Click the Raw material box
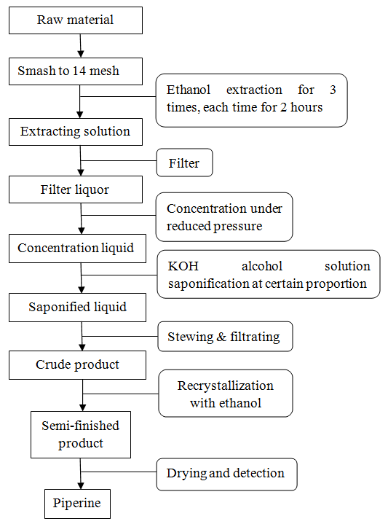pos(76,20)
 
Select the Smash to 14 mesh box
pos(76,71)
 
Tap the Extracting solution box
pos(76,132)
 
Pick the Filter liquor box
pos(76,189)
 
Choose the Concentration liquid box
pos(77,249)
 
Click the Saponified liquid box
pos(77,308)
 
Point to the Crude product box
pos(77,365)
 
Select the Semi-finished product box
pos(81,434)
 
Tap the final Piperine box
pos(77,504)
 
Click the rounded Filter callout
pos(185,163)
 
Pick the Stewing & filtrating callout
pos(225,337)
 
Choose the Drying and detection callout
pos(226,474)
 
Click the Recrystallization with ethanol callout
pos(226,394)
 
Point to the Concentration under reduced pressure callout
pos(224,217)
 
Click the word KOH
pos(183,266)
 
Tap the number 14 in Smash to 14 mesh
pos(79,71)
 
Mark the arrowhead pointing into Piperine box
pos(81,485)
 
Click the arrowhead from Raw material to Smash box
pos(81,54)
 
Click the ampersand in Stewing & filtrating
pos(221,337)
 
